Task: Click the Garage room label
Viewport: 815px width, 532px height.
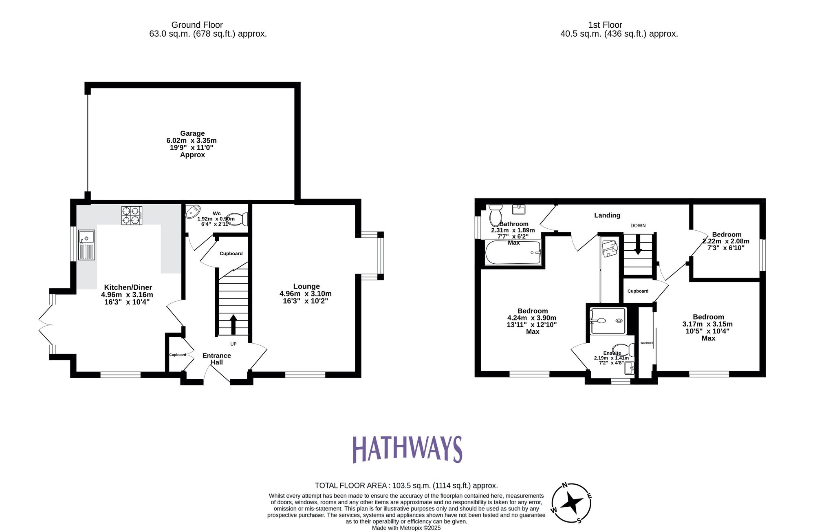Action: (192, 133)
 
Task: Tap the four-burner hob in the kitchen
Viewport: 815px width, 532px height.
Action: (132, 215)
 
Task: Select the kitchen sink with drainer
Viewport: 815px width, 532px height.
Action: (86, 245)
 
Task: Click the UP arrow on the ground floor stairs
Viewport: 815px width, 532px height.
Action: (233, 324)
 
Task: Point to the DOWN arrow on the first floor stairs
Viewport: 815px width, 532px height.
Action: (638, 245)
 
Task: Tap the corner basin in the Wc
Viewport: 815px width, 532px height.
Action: (193, 212)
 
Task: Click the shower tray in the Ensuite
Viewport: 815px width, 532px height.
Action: (608, 321)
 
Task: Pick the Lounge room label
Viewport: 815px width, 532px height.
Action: (306, 286)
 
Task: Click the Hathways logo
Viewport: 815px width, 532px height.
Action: (407, 449)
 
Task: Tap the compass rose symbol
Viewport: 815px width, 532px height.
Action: (571, 503)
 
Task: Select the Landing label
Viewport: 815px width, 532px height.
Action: (607, 215)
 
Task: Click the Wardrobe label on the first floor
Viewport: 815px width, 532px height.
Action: (646, 343)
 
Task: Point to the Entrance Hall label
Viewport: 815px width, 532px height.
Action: (216, 359)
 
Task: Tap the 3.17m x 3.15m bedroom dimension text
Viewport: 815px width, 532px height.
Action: (707, 324)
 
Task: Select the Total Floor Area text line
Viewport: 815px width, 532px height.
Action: (406, 486)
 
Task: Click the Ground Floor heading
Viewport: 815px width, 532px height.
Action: (197, 25)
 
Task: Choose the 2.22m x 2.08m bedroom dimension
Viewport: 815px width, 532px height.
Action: (726, 241)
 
